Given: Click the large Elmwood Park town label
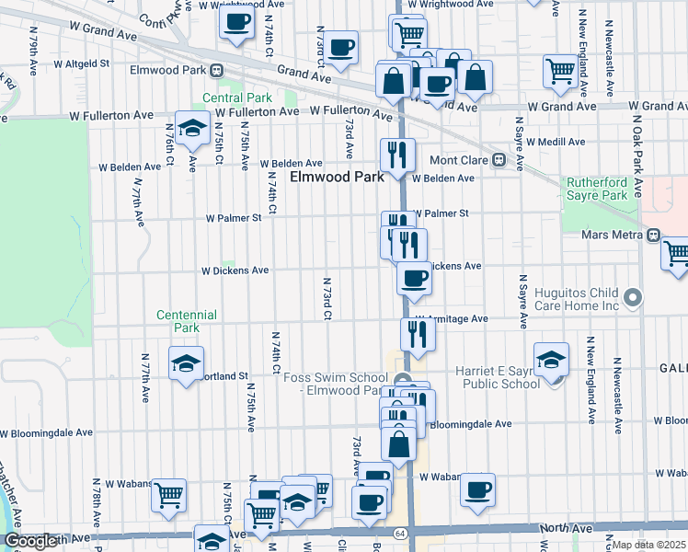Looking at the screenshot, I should coord(338,177).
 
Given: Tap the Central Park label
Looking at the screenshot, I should coord(237,98).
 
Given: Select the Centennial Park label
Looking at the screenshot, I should coord(187,321).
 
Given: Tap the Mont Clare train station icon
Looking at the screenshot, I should coord(499,158).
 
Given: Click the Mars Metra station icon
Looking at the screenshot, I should coord(653,235).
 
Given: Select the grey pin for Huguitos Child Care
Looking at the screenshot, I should coord(632,297).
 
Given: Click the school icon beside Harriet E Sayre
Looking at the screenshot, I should coord(551,359).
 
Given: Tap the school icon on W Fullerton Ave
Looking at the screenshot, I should coord(192,129).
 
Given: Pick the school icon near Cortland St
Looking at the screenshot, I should coord(186,363).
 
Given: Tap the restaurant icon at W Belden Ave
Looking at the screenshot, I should coord(397,154).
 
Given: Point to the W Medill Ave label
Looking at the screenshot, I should coord(550,142).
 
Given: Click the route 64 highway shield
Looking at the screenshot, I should coord(400,533).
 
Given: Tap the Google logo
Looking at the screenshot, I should coord(30,541).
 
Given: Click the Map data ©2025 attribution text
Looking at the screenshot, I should coord(648,545).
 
